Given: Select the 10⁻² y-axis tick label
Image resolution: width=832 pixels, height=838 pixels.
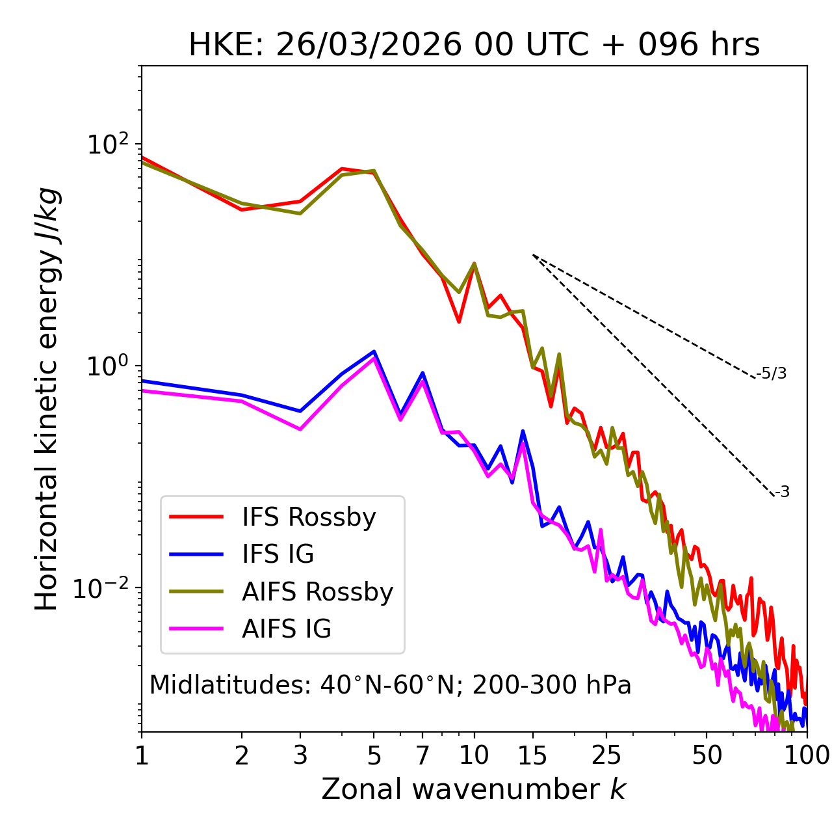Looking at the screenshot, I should click(x=104, y=588).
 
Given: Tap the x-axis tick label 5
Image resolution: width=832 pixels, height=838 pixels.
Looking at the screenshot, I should click(x=374, y=755).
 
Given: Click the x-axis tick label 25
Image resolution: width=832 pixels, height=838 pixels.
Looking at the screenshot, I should click(x=606, y=755).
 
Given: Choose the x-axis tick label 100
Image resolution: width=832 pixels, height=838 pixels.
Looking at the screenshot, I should click(x=806, y=755).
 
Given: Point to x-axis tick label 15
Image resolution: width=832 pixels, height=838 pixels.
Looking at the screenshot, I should click(x=532, y=755).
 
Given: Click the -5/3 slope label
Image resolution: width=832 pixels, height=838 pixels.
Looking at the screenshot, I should click(x=772, y=373).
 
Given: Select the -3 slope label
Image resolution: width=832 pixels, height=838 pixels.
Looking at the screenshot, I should click(x=782, y=493).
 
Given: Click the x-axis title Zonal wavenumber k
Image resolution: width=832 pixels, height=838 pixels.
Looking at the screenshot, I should click(x=474, y=789).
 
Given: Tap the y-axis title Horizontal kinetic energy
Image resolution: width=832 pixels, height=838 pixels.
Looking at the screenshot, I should click(x=47, y=399).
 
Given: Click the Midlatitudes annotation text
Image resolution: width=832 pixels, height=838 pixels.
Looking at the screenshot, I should click(x=390, y=685).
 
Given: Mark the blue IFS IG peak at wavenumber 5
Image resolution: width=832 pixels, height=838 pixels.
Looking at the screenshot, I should click(x=374, y=351).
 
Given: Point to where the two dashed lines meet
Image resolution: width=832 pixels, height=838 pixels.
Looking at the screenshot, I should click(x=533, y=255).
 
